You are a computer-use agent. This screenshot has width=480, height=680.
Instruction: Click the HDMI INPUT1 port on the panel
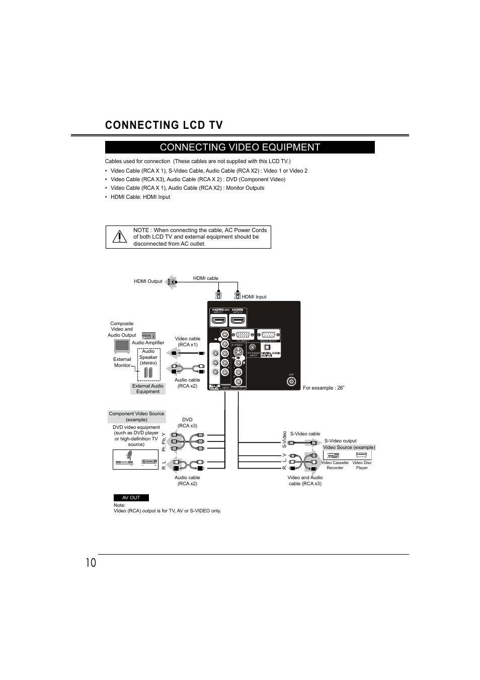tap(218, 320)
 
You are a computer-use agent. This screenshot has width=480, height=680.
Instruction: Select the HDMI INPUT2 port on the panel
tap(237, 320)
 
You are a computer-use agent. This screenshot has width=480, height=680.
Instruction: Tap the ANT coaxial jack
tap(291, 382)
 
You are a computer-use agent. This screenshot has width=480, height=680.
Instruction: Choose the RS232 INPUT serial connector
tap(269, 335)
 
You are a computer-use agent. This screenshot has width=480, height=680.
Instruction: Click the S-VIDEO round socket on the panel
tap(238, 352)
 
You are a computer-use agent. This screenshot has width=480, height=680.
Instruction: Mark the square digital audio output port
tap(267, 347)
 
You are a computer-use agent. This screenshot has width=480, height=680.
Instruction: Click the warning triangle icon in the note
tap(120, 237)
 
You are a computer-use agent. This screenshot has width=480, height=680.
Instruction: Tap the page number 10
tap(91, 563)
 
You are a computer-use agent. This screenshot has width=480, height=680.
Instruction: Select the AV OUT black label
tap(131, 498)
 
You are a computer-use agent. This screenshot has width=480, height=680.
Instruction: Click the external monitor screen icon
tap(122, 345)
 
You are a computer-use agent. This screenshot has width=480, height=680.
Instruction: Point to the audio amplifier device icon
tap(148, 336)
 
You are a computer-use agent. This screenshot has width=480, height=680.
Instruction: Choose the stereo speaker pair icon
tap(148, 372)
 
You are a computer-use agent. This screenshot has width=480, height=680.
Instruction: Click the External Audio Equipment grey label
tap(148, 389)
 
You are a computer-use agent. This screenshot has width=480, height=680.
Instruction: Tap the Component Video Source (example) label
tap(137, 417)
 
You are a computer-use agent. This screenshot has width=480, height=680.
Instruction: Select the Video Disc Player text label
tap(362, 465)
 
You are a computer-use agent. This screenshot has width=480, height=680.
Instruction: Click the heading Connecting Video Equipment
tap(240, 147)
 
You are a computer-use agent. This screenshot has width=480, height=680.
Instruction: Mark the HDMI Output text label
tap(148, 281)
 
